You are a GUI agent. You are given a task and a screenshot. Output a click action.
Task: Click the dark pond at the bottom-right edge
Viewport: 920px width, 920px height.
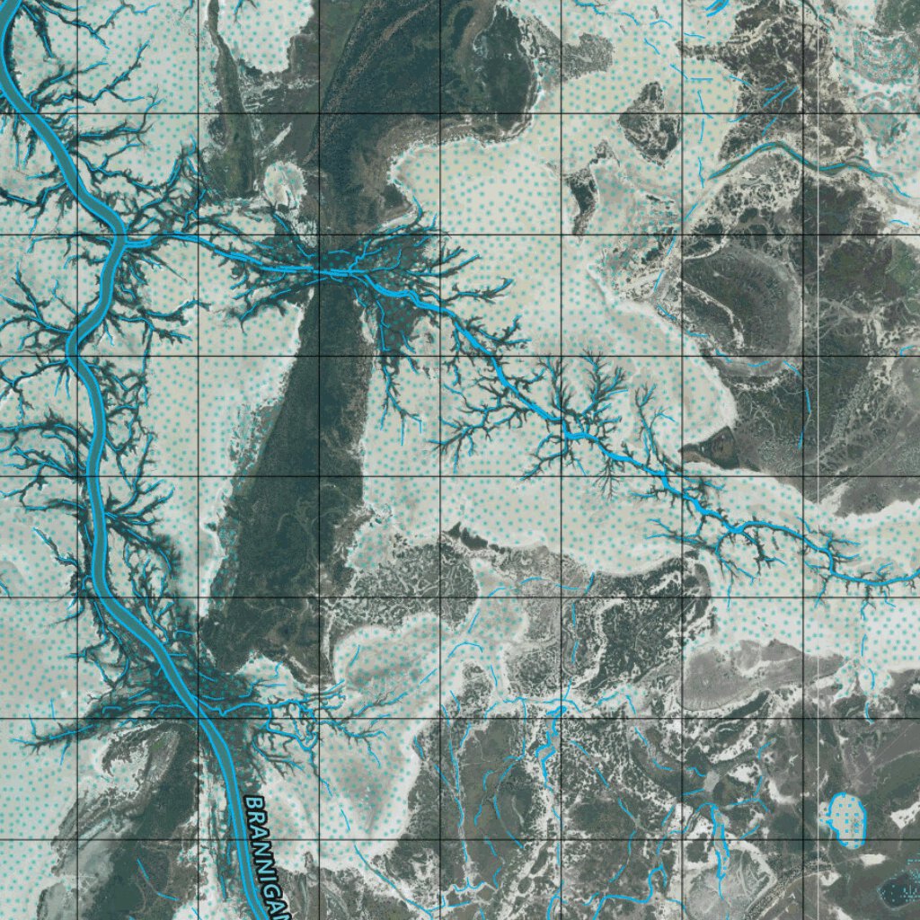click(898, 889)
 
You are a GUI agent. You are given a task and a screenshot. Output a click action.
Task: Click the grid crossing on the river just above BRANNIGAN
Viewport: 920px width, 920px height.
click(199, 718)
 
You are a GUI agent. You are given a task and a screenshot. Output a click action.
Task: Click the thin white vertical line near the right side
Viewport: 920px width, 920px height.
click(818, 449)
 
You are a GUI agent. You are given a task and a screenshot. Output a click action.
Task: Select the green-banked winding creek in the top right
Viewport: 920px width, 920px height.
click(791, 153)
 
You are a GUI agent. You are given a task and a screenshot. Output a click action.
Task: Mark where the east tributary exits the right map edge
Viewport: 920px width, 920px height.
click(915, 575)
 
